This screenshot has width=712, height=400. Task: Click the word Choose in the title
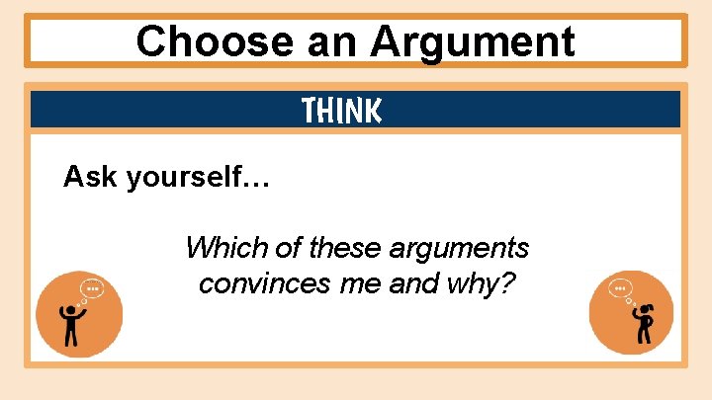point(192,41)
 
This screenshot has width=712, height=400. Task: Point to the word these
point(351,247)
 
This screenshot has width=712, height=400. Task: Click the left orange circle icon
point(79,313)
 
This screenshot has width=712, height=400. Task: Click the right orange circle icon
point(631,313)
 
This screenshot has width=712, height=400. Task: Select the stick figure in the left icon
point(71,325)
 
